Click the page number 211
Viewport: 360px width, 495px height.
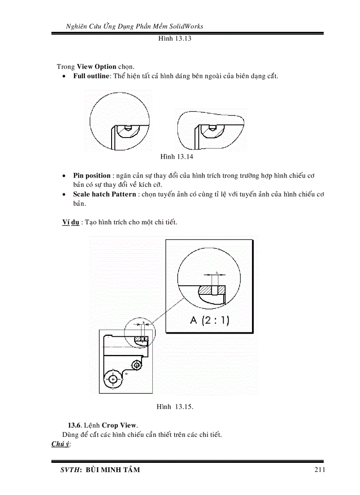point(320,470)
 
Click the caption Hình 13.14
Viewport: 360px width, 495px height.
point(176,156)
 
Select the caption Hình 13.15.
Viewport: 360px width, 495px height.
point(175,407)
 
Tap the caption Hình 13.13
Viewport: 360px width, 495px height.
point(175,38)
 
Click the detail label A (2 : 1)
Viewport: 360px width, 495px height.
point(210,320)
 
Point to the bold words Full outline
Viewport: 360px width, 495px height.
point(91,76)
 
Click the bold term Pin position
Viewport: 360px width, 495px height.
point(92,175)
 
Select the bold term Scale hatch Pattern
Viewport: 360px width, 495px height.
point(105,194)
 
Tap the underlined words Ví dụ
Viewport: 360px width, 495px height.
point(71,222)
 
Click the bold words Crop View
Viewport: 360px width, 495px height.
point(120,425)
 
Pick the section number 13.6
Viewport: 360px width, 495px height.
point(74,425)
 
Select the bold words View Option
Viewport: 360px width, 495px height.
point(97,67)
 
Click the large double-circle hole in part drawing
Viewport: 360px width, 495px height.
point(113,378)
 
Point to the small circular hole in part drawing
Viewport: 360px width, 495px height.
point(137,365)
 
